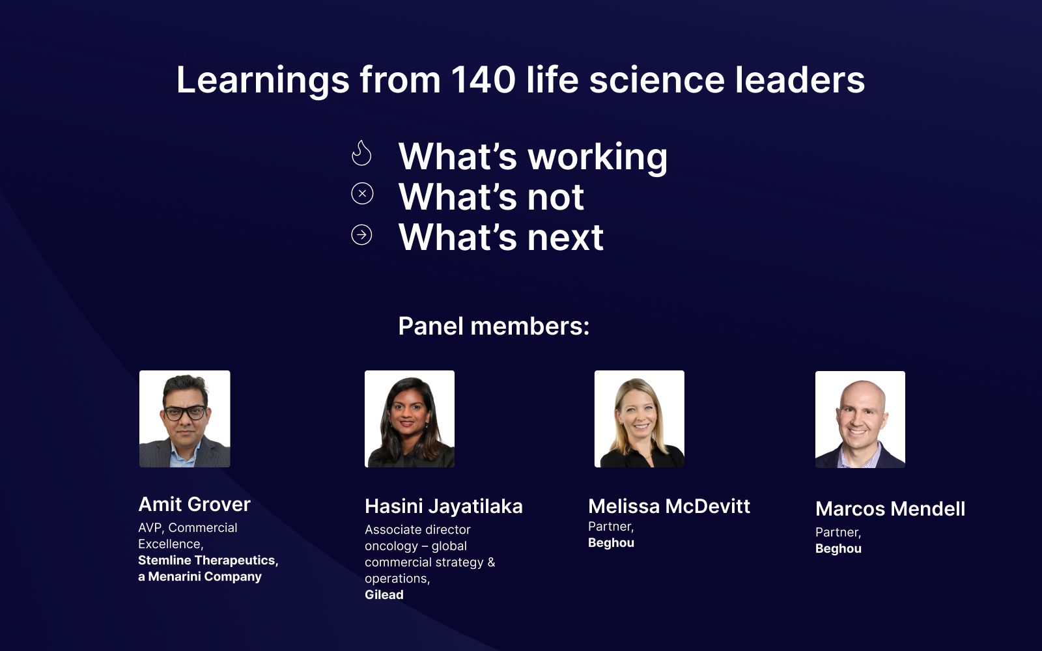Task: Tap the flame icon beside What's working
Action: [x=361, y=154]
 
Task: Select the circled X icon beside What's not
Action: [x=362, y=193]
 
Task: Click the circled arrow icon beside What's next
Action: [x=361, y=234]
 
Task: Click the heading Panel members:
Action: [x=493, y=326]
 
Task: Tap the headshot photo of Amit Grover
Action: [x=184, y=419]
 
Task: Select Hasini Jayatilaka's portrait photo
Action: [x=409, y=419]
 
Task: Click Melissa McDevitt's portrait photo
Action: [x=639, y=419]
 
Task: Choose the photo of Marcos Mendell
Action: [x=860, y=419]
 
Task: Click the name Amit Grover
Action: [x=194, y=505]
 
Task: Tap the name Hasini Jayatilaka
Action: [x=444, y=506]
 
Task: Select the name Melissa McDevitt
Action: [x=669, y=506]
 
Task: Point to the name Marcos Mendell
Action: [x=890, y=509]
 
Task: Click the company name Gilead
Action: [x=384, y=595]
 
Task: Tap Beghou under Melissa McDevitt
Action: [x=611, y=543]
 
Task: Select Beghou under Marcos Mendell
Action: [x=838, y=549]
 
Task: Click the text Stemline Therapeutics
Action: [x=207, y=561]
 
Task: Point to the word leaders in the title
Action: [x=799, y=80]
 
